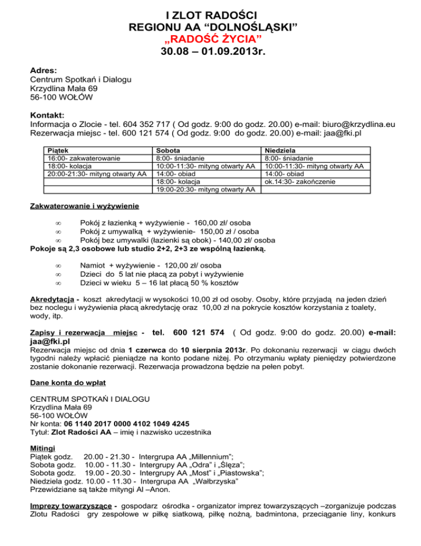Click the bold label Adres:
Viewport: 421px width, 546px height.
(x=43, y=71)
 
